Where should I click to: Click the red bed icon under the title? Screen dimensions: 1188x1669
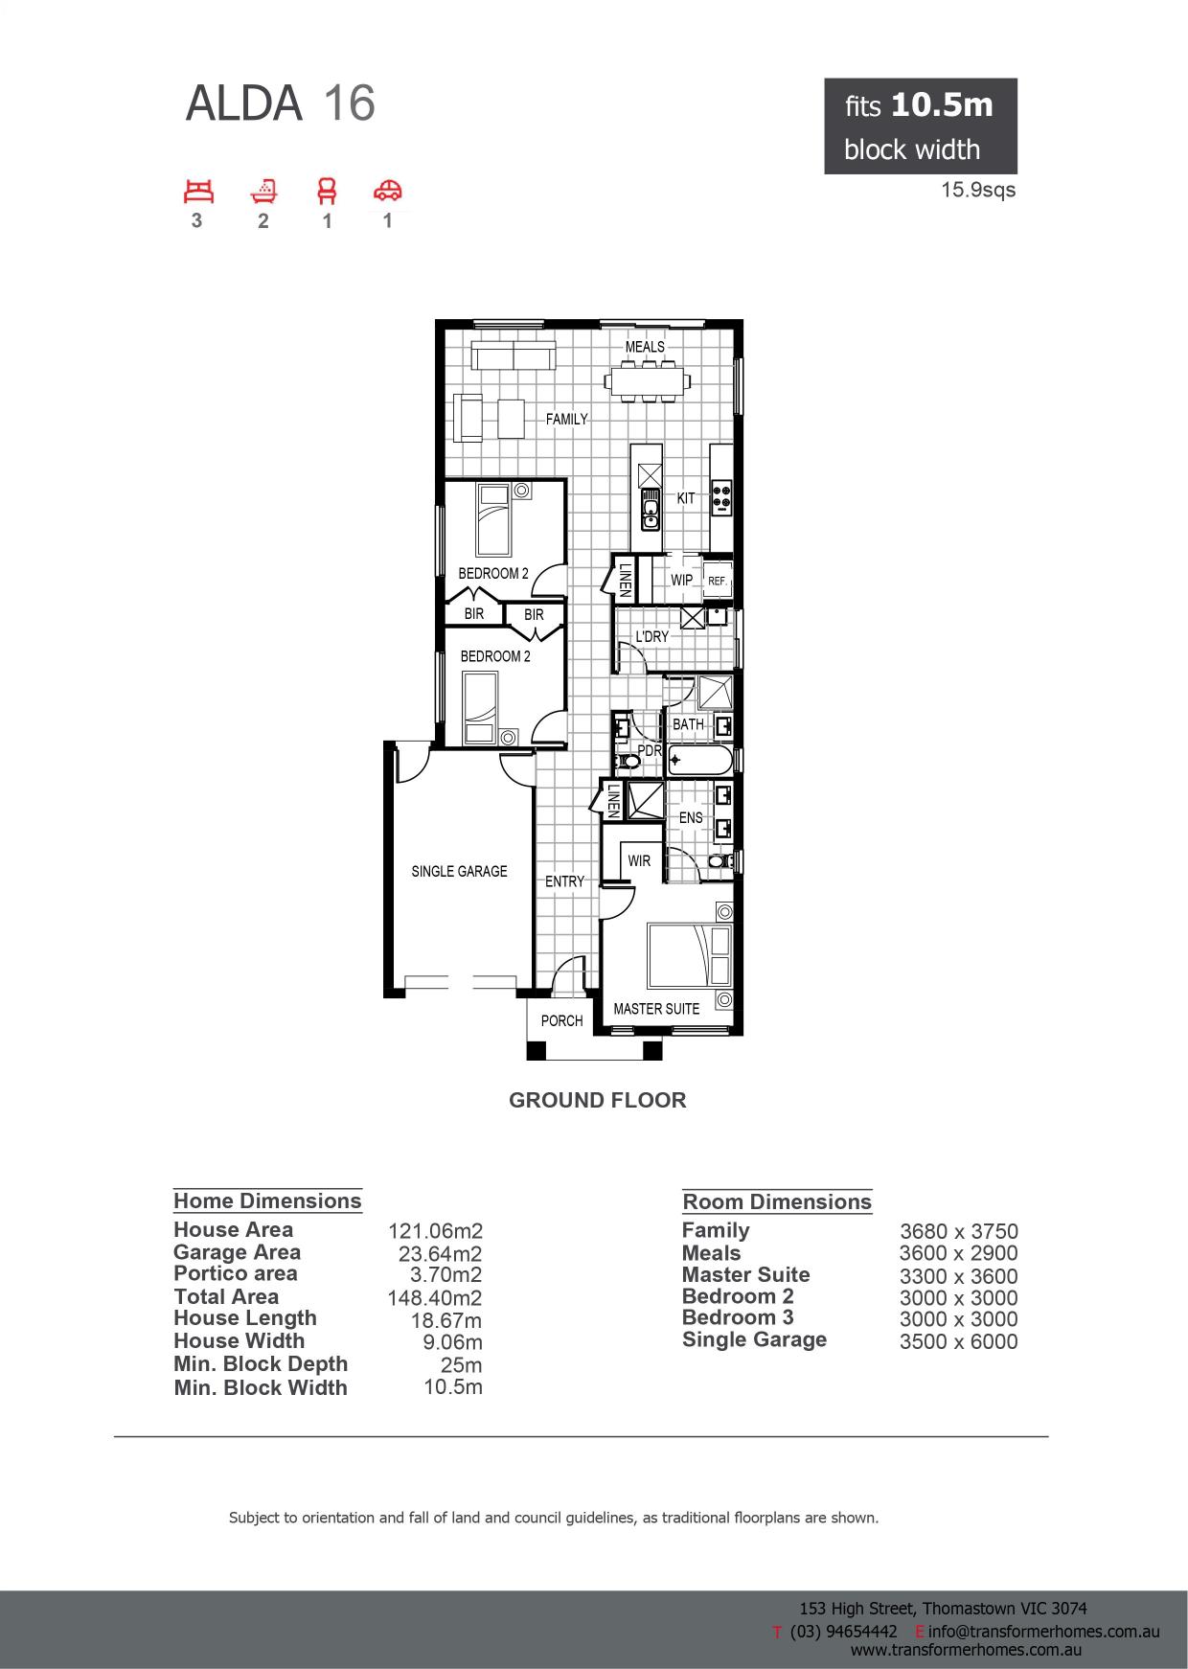[199, 192]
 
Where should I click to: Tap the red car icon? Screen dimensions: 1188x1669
[388, 191]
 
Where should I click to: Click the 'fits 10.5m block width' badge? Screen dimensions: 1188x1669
[921, 126]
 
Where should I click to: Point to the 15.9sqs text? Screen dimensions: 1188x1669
[978, 190]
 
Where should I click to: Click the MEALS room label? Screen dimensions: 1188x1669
[645, 347]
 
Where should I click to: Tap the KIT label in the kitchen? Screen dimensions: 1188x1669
[686, 498]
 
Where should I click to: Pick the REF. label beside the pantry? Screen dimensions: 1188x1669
[717, 581]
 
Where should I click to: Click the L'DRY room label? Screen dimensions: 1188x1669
[652, 636]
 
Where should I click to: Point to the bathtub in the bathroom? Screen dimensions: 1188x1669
[700, 762]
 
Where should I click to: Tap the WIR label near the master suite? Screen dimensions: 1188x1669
[639, 860]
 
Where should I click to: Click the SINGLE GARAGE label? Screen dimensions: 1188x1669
[459, 871]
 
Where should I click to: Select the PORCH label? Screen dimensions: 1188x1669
[561, 1020]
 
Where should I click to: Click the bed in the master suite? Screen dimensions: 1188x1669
[690, 955]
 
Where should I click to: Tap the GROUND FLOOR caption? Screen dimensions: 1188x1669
[598, 1100]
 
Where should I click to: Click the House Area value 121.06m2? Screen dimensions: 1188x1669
[434, 1231]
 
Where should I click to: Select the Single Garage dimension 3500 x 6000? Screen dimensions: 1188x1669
[958, 1341]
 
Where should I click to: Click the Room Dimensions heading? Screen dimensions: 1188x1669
[777, 1201]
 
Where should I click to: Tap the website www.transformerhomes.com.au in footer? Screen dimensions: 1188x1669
[966, 1650]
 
